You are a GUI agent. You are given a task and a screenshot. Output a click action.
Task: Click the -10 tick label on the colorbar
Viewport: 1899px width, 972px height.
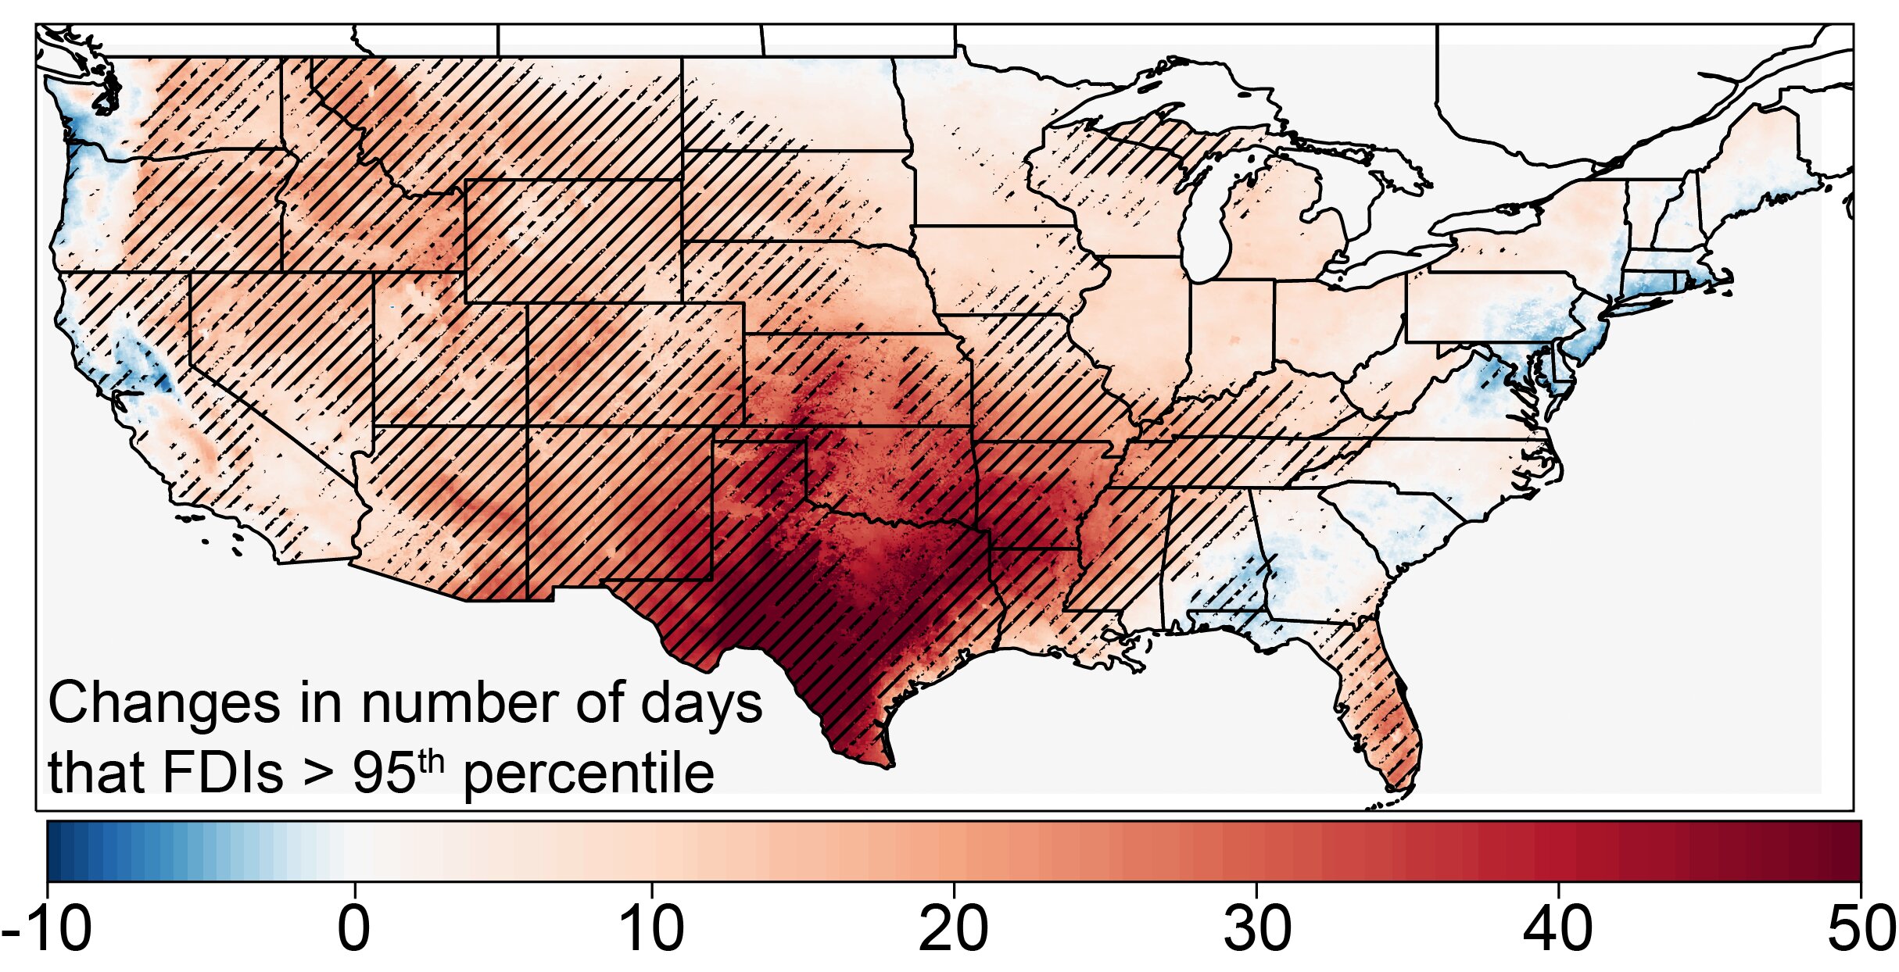pyautogui.click(x=47, y=931)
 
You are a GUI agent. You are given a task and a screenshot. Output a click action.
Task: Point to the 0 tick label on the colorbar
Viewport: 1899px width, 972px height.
pyautogui.click(x=354, y=931)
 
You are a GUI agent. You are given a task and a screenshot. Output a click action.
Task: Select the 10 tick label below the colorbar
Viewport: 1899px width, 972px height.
pyautogui.click(x=652, y=931)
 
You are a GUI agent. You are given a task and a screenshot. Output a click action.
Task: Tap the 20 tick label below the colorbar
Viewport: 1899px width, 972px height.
pyautogui.click(x=954, y=931)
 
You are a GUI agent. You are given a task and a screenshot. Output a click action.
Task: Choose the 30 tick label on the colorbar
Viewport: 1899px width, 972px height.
pyautogui.click(x=1257, y=931)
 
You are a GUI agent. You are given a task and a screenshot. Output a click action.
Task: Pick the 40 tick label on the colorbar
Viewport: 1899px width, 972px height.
pyautogui.click(x=1559, y=931)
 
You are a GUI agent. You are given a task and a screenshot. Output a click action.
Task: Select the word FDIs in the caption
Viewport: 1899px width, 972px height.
pyautogui.click(x=222, y=774)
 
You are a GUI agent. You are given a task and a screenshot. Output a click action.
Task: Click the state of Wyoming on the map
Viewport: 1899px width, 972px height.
pyautogui.click(x=573, y=241)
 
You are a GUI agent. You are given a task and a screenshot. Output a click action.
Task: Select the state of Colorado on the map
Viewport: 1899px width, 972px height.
pyautogui.click(x=635, y=364)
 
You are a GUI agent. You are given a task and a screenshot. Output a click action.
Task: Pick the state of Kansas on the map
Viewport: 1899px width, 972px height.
pyautogui.click(x=856, y=380)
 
